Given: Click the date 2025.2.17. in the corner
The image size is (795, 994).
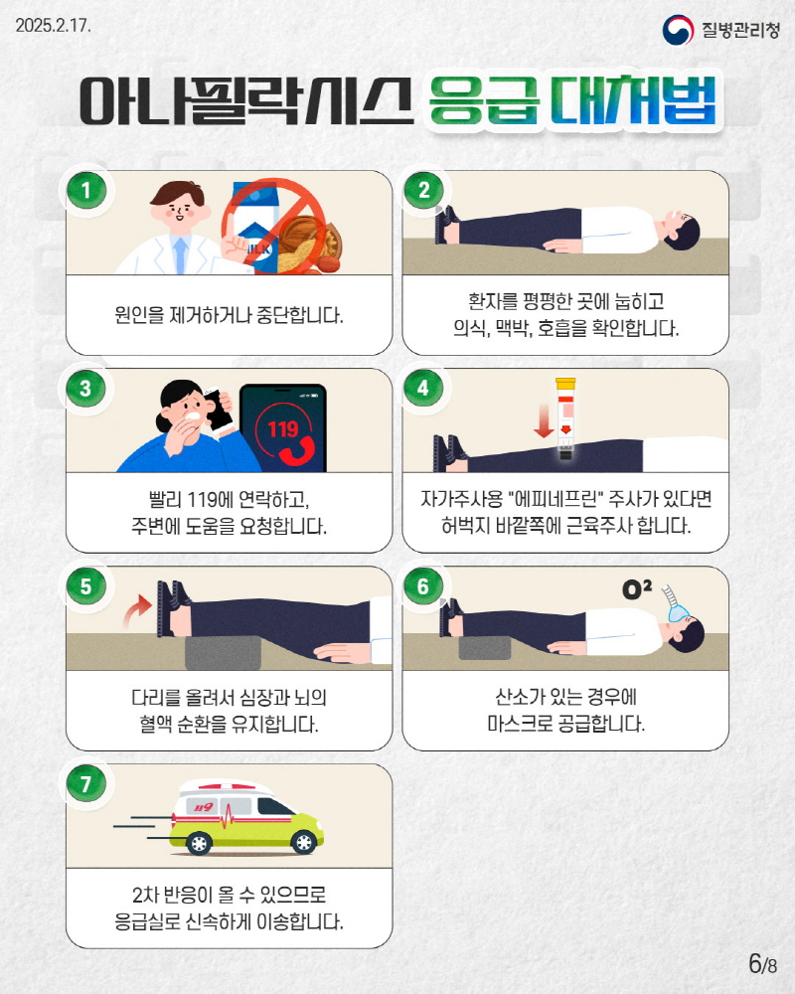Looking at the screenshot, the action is point(54,26).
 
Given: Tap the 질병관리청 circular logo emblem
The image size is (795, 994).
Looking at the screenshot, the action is point(678,29).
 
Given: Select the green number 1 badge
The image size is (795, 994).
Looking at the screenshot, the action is point(86,190).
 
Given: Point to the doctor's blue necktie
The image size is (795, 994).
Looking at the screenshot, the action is point(181,254).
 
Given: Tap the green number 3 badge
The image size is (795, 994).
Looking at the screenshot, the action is point(86,388).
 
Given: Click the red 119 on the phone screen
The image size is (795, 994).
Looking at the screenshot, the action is point(283,429).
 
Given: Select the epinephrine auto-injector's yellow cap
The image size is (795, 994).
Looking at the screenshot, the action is point(565,384).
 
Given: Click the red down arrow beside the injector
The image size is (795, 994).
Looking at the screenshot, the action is point(544,419).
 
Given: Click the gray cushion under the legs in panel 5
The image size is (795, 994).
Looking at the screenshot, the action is point(224,652).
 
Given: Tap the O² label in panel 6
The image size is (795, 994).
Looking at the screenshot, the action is point(637,589).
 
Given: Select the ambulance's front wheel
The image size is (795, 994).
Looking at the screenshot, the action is point(303,842).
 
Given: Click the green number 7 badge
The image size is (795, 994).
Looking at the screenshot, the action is point(86,783).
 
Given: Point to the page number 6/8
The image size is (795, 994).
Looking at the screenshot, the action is point(762,963).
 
